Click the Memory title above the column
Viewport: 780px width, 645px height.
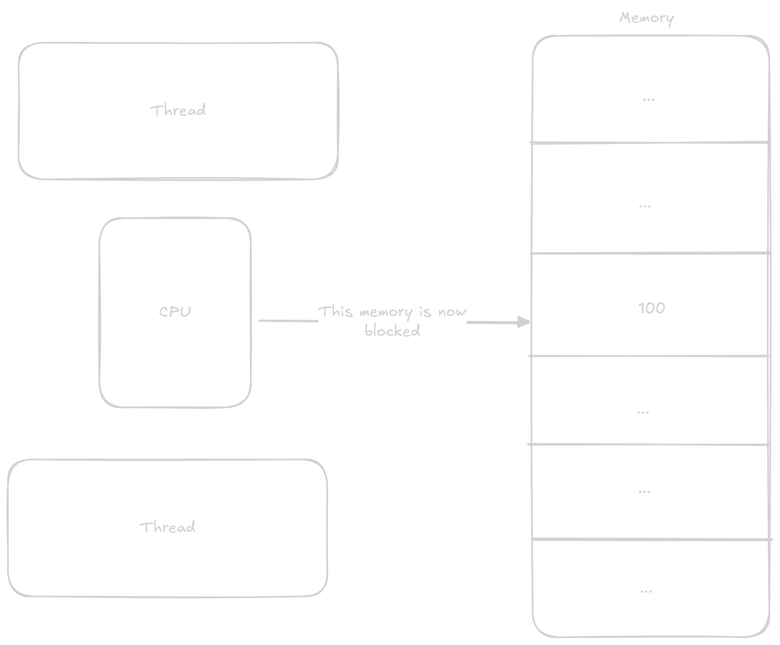[646, 18]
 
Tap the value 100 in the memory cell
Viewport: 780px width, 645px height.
[651, 308]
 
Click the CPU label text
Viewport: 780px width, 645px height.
[175, 311]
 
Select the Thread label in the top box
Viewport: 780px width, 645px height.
[178, 110]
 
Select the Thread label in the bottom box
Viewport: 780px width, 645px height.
[167, 527]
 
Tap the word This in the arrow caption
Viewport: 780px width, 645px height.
[335, 311]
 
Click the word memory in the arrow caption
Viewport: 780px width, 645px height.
[386, 312]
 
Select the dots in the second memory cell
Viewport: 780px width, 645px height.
[645, 206]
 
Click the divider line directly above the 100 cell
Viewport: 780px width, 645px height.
[650, 253]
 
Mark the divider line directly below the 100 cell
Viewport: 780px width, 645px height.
[650, 356]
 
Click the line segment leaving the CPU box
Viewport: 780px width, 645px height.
[288, 321]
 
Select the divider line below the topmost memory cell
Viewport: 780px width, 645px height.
[650, 142]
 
